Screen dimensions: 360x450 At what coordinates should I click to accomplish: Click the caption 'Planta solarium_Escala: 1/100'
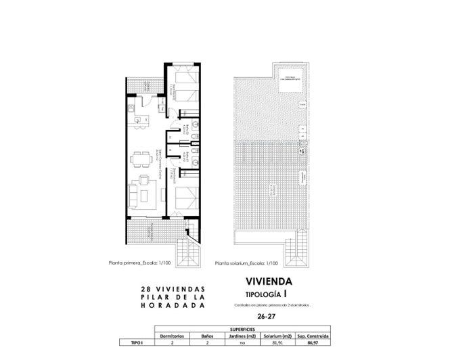[x=246, y=264]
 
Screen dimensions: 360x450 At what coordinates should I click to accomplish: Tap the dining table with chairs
[x=142, y=158]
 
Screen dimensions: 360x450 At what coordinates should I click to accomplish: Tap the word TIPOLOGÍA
[x=264, y=294]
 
